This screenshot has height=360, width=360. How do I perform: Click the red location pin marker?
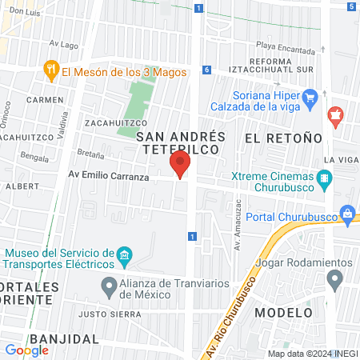tap(180, 165)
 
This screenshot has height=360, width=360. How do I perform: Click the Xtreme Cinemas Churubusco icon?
tap(325, 182)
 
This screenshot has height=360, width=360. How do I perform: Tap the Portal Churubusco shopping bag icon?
tap(348, 214)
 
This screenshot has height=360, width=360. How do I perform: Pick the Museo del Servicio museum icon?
tap(124, 257)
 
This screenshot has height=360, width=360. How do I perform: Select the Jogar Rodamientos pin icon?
tap(335, 279)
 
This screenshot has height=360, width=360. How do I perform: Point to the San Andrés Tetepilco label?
tap(181, 143)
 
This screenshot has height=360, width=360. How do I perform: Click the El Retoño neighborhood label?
tap(283, 138)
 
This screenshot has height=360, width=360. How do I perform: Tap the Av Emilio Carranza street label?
tap(108, 176)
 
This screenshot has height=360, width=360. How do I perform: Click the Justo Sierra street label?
tap(104, 314)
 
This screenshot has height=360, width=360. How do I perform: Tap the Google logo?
tap(26, 350)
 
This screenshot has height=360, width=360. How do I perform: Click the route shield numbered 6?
tap(206, 70)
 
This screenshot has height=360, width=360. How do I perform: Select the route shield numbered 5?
tap(352, 6)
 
